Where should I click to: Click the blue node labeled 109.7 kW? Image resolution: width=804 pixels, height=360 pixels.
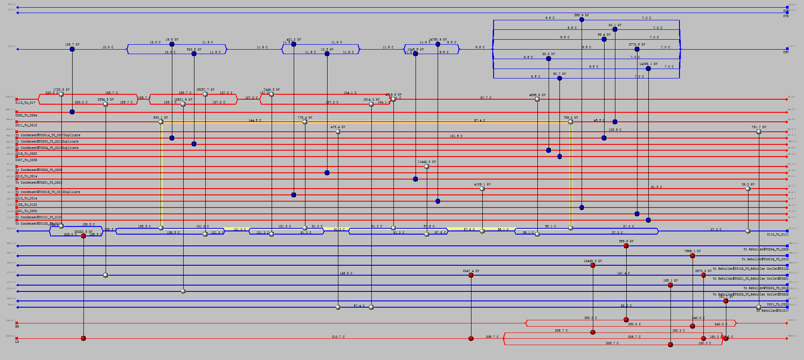pos(72,49)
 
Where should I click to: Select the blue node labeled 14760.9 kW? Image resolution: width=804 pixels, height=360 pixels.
pos(438,44)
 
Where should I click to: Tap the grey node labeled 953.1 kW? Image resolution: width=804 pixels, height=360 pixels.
pos(161,122)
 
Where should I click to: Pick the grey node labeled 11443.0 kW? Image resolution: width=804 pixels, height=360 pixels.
pos(427,166)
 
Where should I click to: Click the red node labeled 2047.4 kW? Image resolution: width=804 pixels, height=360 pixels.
pos(471,275)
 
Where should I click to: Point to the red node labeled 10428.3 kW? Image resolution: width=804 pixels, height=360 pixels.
pos(593,265)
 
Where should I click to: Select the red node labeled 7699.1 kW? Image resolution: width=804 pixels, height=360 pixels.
pos(693,256)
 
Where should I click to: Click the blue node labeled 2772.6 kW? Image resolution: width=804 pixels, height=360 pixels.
pos(637,49)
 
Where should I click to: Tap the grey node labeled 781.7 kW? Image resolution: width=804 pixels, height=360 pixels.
pos(759,132)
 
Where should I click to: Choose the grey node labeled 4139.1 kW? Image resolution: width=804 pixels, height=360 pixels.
pos(482,189)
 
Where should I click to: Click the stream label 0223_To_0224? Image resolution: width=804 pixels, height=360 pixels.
pos(26,115)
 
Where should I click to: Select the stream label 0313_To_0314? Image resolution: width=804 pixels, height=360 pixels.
pos(26,198)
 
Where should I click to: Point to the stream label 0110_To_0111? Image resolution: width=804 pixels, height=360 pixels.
pos(778,235)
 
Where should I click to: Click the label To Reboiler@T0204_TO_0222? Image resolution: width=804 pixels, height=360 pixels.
pos(766,249)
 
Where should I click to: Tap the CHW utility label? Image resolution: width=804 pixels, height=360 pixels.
pos(786,52)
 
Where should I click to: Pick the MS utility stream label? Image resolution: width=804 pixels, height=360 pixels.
pos(17,326)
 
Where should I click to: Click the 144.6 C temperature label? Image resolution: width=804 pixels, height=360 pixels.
pos(255,120)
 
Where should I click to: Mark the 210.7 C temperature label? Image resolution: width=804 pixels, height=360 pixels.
pos(338,337)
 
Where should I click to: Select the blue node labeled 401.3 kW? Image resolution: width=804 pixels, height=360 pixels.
pos(294,44)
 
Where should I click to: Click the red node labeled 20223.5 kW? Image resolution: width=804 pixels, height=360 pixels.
pos(83,236)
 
